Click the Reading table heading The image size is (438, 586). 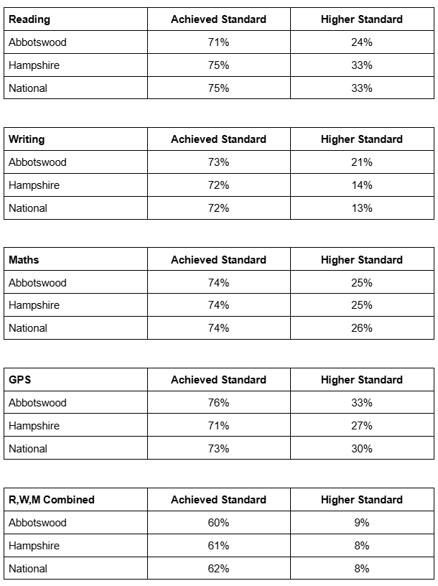click(x=29, y=19)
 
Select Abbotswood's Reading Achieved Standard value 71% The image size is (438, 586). click(x=218, y=42)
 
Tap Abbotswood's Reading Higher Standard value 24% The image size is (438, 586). click(x=361, y=42)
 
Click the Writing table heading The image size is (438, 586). click(x=27, y=139)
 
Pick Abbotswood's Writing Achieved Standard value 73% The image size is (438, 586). click(x=218, y=162)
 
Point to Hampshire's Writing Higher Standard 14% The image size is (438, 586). click(x=361, y=185)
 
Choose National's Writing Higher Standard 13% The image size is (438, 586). click(x=361, y=208)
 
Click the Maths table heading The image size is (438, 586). click(x=24, y=260)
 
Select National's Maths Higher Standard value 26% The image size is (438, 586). click(x=361, y=328)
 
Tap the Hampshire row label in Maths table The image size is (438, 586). click(x=34, y=305)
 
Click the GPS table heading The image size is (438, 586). click(x=20, y=380)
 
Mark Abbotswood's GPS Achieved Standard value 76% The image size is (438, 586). click(x=218, y=403)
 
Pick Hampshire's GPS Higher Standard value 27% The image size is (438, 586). click(x=361, y=426)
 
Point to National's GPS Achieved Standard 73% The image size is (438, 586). click(x=218, y=449)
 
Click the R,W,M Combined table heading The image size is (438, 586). click(x=52, y=500)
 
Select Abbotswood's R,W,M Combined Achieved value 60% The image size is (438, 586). click(x=218, y=523)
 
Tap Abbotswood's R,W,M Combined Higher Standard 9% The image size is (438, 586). click(x=361, y=523)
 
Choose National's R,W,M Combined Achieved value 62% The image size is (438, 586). click(x=218, y=569)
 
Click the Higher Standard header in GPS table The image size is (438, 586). click(x=361, y=380)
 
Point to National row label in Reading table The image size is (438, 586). click(x=28, y=88)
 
